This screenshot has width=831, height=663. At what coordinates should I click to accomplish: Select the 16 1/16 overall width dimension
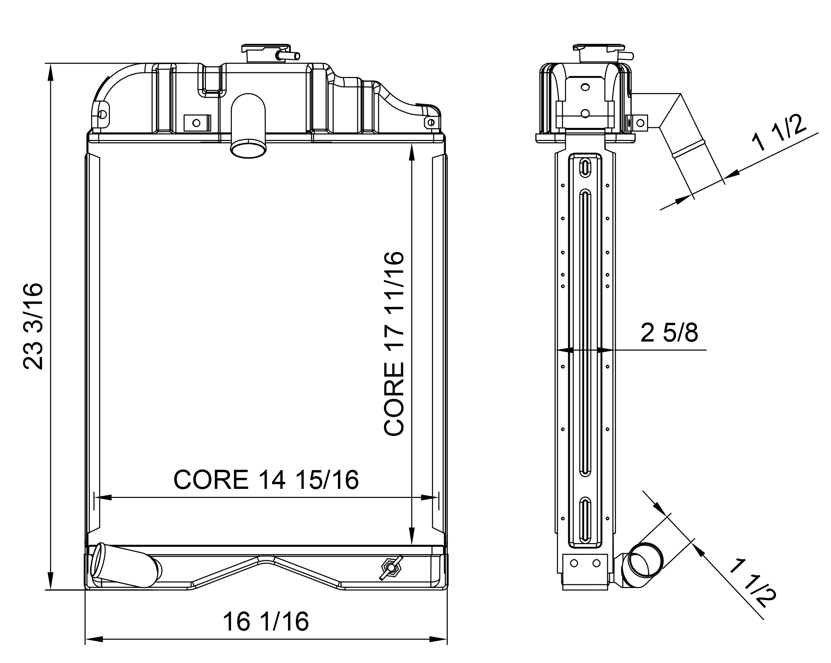click(266, 621)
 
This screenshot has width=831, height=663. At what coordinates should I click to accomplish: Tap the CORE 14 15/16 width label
click(266, 480)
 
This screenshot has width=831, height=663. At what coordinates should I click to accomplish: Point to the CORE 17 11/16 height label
click(394, 344)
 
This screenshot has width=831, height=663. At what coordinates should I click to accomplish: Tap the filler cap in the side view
click(598, 53)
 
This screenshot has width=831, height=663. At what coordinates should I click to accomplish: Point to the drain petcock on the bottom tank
click(391, 568)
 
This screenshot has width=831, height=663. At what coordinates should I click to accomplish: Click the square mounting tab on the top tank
click(197, 123)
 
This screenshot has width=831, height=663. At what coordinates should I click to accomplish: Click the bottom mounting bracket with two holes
click(585, 564)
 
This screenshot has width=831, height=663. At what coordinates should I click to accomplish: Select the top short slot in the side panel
click(585, 167)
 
